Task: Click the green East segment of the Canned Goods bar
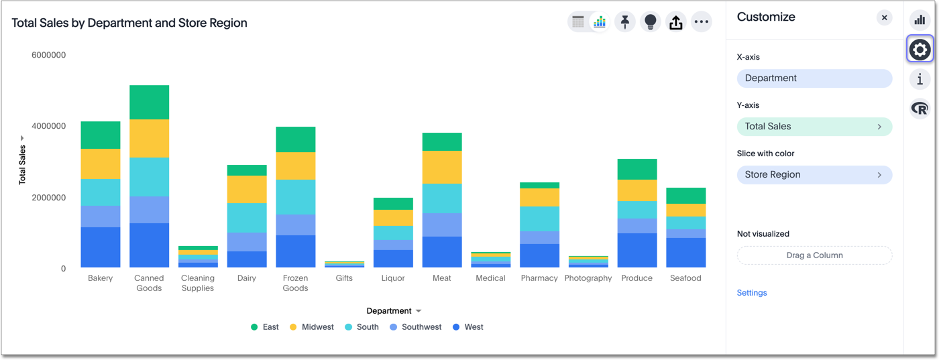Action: click(149, 102)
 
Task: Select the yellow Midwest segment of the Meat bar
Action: click(442, 167)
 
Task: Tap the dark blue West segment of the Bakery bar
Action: click(101, 247)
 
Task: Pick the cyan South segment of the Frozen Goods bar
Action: click(296, 196)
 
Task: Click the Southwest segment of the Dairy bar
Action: click(247, 241)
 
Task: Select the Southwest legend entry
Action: click(416, 327)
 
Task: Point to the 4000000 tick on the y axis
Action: click(48, 126)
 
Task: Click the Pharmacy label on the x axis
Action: click(539, 278)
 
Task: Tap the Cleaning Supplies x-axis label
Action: click(198, 283)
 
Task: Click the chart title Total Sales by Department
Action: click(129, 23)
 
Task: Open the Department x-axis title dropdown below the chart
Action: click(394, 311)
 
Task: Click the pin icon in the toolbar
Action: click(625, 22)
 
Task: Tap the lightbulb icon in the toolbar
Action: click(651, 22)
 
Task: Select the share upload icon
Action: click(676, 22)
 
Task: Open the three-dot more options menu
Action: click(702, 22)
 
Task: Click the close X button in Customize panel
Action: click(885, 18)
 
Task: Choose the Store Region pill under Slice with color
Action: click(814, 175)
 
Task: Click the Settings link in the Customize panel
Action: click(752, 293)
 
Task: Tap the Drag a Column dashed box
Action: click(814, 255)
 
